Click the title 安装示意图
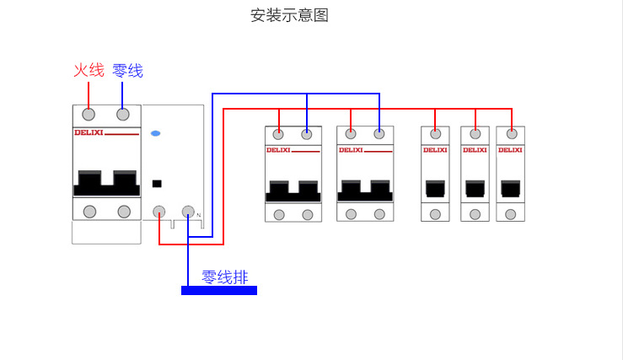pos(288,15)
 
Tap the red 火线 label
pos(89,70)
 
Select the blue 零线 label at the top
pos(127,70)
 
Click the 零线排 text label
pos(224,277)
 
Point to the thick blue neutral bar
pos(218,291)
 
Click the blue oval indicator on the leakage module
pos(155,134)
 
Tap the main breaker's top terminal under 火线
pos(89,115)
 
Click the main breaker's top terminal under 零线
pos(123,115)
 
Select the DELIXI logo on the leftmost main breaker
pos(88,132)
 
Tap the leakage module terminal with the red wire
pos(158,212)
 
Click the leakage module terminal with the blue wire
pos(188,212)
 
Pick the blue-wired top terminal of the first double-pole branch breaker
pos(307,133)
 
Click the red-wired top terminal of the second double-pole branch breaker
pos(351,133)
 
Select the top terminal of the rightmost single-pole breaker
pos(511,133)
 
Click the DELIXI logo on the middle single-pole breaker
pos(475,150)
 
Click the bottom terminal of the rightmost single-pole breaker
pos(511,214)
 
